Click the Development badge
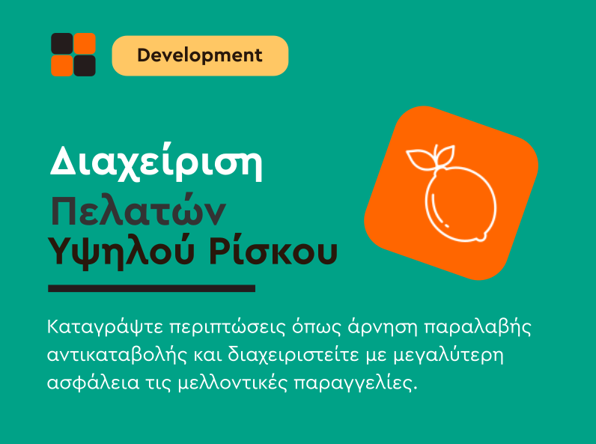tap(200, 55)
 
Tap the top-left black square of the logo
tap(62, 43)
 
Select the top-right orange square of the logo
tap(85, 43)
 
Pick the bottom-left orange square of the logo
tap(62, 66)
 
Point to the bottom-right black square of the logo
tap(85, 66)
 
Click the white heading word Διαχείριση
tap(156, 162)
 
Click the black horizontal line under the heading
tap(152, 288)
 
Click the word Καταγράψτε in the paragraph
tap(106, 327)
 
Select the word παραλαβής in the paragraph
tap(477, 327)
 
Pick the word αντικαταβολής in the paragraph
tap(117, 356)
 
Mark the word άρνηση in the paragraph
tap(383, 327)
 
